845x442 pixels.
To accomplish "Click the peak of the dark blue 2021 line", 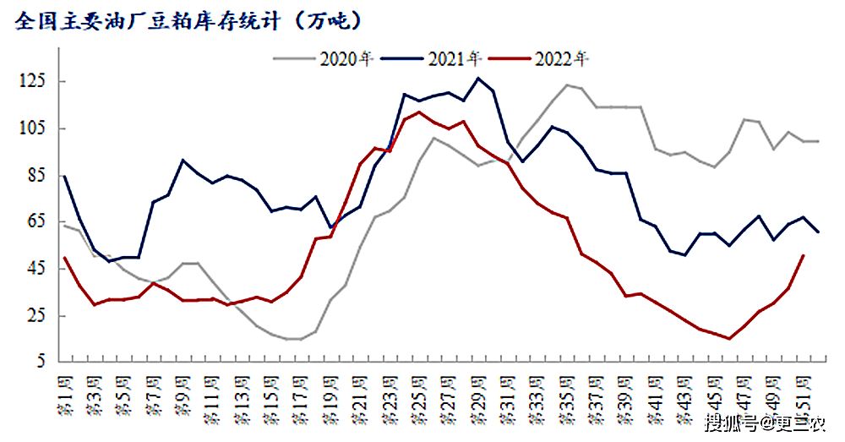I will click(478, 79).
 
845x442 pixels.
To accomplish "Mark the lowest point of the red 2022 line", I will click(728, 339).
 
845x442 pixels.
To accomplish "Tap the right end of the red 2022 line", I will click(803, 255).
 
